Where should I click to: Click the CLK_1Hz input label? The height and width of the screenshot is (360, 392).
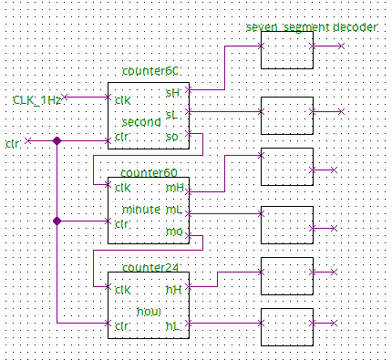click(x=37, y=98)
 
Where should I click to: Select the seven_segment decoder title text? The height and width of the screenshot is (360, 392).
click(x=311, y=27)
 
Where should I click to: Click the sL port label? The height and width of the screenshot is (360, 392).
click(x=172, y=114)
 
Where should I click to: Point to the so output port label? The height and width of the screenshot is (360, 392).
click(x=172, y=137)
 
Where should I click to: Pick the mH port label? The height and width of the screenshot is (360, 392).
click(x=173, y=188)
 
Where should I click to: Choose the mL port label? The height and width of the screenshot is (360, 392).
click(x=172, y=210)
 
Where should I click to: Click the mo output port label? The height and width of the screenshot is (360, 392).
click(x=172, y=231)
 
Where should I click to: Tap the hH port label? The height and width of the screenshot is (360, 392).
click(x=173, y=289)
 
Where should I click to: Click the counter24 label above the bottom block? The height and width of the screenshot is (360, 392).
click(x=150, y=267)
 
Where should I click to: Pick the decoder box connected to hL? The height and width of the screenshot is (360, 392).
click(x=287, y=323)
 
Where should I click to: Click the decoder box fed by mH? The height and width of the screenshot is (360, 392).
click(x=287, y=168)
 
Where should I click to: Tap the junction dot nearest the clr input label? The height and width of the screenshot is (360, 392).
click(x=57, y=140)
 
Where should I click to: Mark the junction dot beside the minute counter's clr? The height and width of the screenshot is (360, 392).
click(x=57, y=221)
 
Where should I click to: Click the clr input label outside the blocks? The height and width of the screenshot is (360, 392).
click(x=12, y=143)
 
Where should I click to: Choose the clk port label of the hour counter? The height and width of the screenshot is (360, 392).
click(x=121, y=290)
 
